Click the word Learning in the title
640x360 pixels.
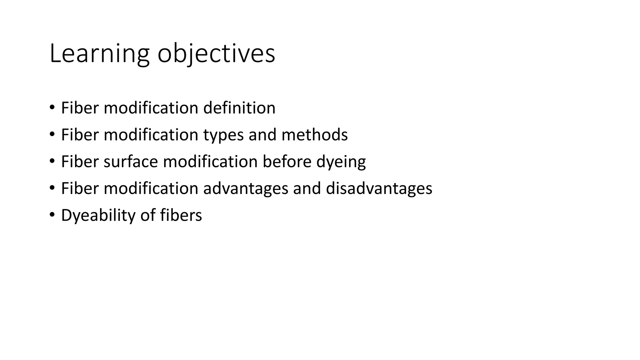click(x=99, y=54)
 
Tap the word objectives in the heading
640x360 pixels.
click(x=216, y=54)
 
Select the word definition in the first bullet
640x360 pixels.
click(x=239, y=108)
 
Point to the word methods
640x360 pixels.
click(x=314, y=135)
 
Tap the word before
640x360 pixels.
click(x=287, y=162)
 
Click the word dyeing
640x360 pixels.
click(x=341, y=162)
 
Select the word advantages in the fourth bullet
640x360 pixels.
click(x=246, y=188)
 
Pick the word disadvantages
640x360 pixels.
click(x=379, y=188)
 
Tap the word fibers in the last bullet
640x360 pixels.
click(x=181, y=215)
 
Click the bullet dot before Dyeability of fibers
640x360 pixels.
click(x=52, y=215)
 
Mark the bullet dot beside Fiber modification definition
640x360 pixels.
click(x=52, y=107)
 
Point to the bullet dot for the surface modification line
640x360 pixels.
click(x=52, y=161)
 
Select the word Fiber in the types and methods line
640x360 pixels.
click(x=80, y=135)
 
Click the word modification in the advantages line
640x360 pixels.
click(x=151, y=188)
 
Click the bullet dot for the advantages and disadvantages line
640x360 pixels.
click(x=52, y=188)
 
